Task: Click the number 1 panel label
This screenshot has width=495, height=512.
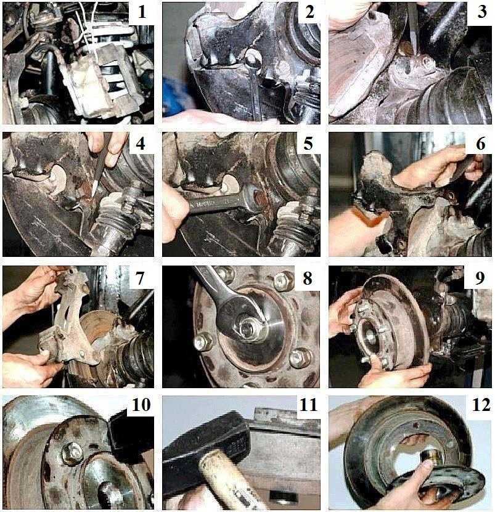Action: click(x=142, y=12)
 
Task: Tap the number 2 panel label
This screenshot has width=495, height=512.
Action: click(x=309, y=12)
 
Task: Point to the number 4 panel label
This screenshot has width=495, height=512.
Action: click(x=141, y=144)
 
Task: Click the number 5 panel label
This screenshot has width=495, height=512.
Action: click(x=308, y=144)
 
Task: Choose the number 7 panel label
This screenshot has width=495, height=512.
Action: click(x=140, y=278)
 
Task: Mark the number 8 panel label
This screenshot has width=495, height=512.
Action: click(x=308, y=278)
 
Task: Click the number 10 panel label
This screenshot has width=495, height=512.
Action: click(x=141, y=405)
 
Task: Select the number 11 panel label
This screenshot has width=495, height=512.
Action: click(x=308, y=405)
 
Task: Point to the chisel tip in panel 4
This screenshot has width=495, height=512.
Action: click(x=94, y=193)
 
